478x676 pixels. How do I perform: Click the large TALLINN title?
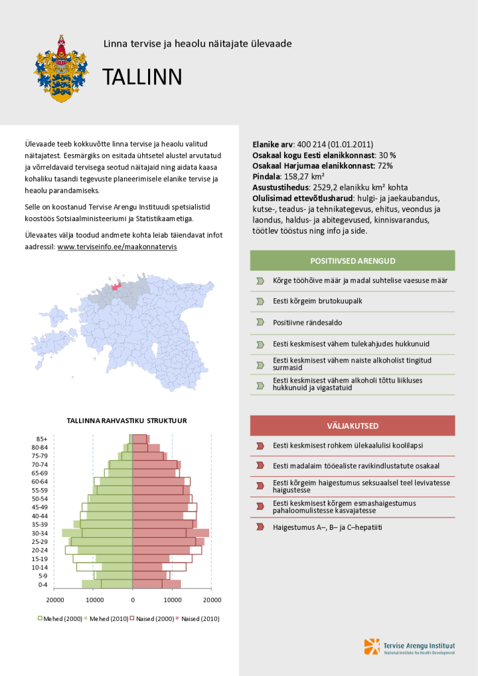click(142, 78)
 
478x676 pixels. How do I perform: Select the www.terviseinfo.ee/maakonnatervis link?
click(118, 246)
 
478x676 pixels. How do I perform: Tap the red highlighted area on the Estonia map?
click(117, 286)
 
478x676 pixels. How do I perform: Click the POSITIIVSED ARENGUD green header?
click(353, 260)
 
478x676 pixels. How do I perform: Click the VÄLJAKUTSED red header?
click(353, 425)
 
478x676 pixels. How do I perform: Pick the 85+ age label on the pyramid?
click(42, 439)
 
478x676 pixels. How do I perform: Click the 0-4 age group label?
click(42, 584)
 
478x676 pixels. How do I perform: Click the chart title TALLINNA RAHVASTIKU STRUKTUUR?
click(127, 420)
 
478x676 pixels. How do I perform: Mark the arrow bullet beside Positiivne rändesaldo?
click(260, 323)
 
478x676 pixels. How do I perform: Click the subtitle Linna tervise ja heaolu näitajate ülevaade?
click(198, 44)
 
